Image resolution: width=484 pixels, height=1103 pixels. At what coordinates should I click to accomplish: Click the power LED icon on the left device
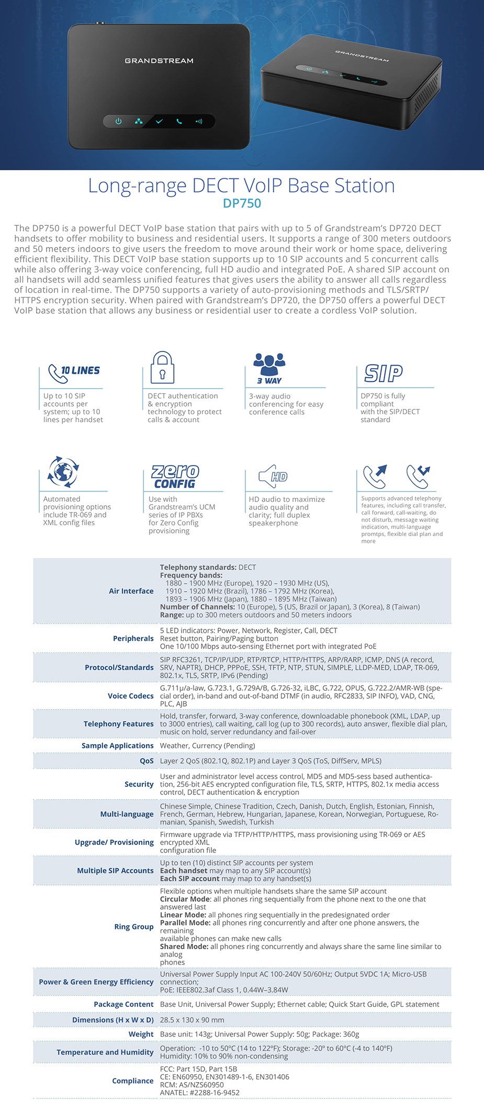118,121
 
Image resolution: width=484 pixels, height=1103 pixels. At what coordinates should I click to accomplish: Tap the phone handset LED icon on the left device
179,121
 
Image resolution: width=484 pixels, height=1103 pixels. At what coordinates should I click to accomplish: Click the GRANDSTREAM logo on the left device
159,61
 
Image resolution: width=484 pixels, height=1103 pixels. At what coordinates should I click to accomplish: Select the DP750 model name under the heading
242,203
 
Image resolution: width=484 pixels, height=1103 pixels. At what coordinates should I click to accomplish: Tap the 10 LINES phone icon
73,372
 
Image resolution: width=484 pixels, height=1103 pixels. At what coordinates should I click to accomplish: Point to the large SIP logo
384,373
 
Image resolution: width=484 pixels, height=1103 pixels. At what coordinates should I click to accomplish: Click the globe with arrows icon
63,471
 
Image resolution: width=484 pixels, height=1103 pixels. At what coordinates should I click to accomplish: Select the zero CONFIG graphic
175,476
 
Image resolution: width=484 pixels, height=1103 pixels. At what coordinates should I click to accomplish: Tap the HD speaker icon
273,476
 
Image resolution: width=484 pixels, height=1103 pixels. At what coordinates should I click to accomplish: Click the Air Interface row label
131,591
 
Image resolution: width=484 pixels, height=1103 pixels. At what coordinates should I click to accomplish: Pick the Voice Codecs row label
130,696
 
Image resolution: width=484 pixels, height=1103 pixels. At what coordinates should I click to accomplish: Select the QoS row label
147,761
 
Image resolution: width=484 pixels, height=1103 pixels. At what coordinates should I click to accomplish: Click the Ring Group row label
133,927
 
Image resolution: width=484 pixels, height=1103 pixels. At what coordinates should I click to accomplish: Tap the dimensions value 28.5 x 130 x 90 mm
192,1020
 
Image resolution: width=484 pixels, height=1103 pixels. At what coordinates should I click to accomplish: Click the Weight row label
141,1034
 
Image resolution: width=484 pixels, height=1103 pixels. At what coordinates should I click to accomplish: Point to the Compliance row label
132,1081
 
